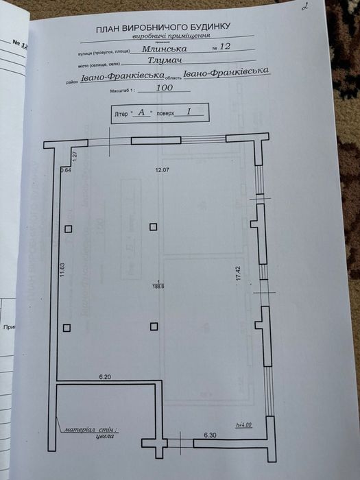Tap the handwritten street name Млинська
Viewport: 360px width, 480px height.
[x=163, y=48]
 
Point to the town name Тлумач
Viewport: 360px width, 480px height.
[x=163, y=60]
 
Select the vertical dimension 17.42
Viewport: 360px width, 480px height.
[x=239, y=275]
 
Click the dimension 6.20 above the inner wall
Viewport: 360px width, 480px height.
[x=105, y=377]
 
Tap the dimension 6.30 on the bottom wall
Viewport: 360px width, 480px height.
[x=211, y=435]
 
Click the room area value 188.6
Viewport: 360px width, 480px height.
[x=159, y=287]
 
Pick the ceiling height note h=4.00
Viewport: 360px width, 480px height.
[x=244, y=426]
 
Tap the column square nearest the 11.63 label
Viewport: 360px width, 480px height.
[x=67, y=230]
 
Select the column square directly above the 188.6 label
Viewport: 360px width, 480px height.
[x=154, y=227]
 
